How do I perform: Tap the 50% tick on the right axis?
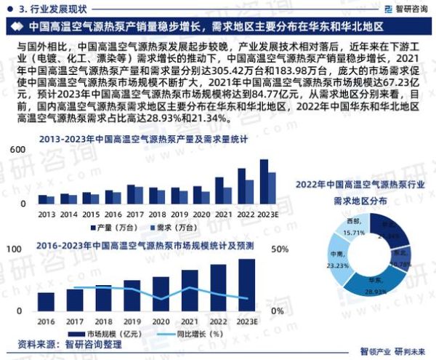click(x=280, y=249)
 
